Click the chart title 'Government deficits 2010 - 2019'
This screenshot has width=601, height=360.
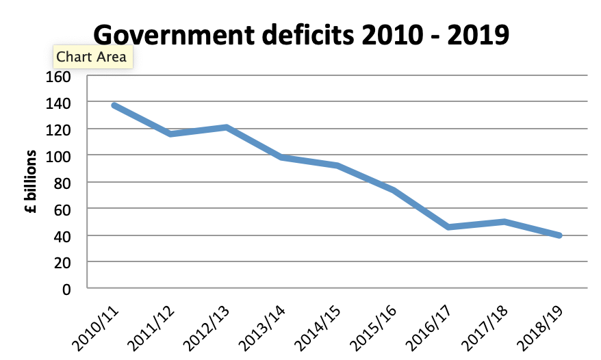tap(300, 34)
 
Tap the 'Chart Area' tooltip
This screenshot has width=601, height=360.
tap(91, 57)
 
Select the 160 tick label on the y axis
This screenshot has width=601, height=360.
tap(59, 75)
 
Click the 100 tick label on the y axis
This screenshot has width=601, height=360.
tap(59, 155)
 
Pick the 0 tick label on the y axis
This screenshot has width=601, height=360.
tap(66, 289)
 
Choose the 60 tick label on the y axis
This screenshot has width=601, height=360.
tap(62, 209)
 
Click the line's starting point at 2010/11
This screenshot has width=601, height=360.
tap(114, 105)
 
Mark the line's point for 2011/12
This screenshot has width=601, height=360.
tap(170, 134)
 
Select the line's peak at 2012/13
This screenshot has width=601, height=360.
tap(226, 127)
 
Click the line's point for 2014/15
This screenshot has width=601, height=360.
tap(337, 166)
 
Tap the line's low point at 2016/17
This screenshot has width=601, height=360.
tap(449, 227)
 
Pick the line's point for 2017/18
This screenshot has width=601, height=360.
tap(504, 222)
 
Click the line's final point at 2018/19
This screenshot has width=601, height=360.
tap(560, 235)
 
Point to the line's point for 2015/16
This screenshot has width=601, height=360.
tap(393, 190)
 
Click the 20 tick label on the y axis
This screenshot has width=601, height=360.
tap(62, 262)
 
